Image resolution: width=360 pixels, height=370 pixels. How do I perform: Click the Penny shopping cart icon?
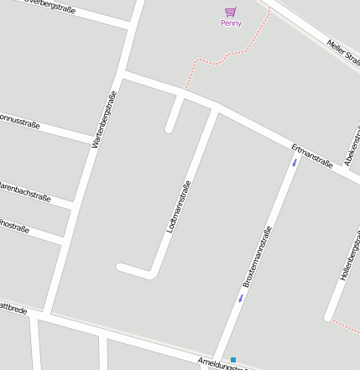(x=230, y=12)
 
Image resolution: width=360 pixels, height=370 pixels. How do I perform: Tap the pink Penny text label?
(x=231, y=23)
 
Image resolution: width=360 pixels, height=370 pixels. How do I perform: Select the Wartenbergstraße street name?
(x=102, y=120)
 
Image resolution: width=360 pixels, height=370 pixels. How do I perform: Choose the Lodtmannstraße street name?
(x=180, y=206)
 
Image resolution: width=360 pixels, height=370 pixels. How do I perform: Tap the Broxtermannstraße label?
(x=258, y=257)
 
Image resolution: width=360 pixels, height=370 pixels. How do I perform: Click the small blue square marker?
(x=233, y=360)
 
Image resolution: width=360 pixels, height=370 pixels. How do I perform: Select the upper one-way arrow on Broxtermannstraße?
(x=295, y=163)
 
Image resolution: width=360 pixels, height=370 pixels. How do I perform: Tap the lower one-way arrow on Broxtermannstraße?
(x=240, y=297)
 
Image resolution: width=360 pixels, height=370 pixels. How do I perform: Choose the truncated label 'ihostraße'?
(x=14, y=226)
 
